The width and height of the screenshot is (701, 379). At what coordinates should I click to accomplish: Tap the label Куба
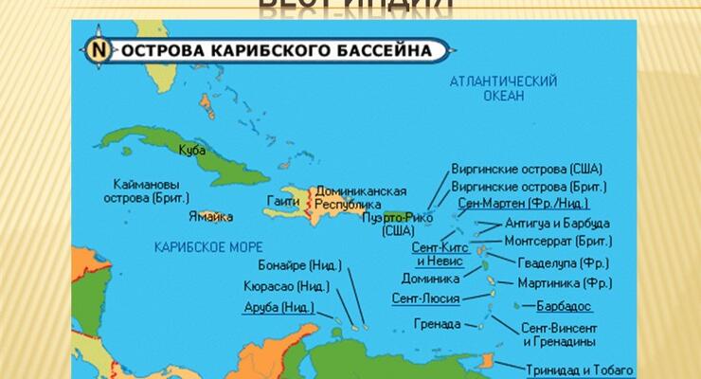192,149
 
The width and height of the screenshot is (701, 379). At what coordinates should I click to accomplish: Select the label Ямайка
211,217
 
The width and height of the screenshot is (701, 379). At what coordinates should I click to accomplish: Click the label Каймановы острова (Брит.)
146,191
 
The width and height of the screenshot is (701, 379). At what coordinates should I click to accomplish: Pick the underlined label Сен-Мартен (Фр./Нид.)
522,204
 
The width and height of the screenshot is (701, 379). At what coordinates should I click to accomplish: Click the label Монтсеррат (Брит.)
558,242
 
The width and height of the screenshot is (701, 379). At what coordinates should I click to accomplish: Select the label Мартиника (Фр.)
565,283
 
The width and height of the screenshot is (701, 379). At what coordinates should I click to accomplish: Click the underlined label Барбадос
565,306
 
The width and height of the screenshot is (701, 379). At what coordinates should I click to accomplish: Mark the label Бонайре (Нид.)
297,265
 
